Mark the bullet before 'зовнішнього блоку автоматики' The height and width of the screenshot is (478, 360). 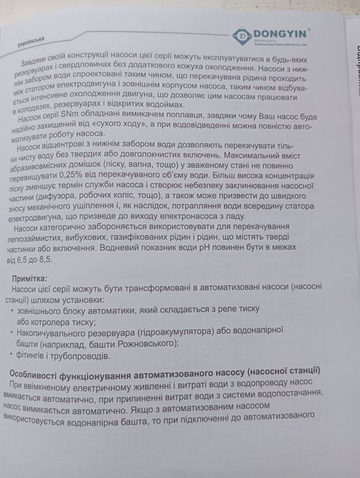click(13, 309)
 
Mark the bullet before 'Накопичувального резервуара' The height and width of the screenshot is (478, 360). click(14, 333)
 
